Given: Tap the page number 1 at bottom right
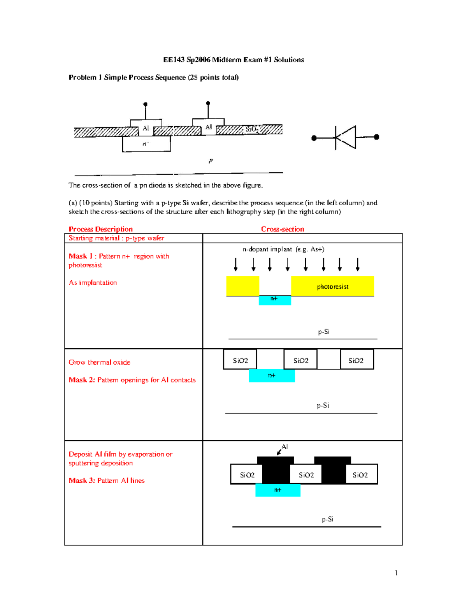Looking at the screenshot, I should [396, 573].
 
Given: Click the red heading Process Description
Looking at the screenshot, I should [100, 229].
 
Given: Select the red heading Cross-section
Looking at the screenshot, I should [283, 229].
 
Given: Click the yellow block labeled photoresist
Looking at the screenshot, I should [332, 286].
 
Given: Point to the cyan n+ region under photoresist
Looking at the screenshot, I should [275, 300].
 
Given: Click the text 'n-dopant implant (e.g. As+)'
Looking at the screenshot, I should [283, 249].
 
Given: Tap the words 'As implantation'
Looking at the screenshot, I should [93, 282].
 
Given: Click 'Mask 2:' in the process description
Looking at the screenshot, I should [82, 380].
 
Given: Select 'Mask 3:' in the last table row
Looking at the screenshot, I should [82, 480].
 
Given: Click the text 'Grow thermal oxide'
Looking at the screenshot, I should [99, 362].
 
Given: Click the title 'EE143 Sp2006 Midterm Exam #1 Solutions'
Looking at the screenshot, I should [233, 60].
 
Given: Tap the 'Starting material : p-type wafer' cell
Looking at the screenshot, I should [116, 238].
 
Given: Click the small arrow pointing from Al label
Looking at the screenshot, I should [279, 452].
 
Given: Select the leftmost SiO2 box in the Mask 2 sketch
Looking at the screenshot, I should [240, 360].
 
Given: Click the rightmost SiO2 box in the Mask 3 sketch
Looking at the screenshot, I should [360, 474].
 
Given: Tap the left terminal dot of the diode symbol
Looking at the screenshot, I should [314, 138].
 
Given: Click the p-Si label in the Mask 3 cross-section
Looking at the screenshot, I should [327, 519].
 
